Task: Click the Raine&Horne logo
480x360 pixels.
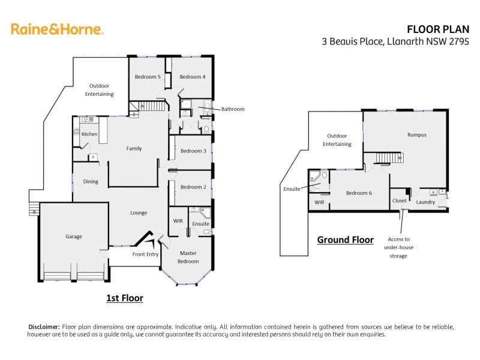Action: [57, 29]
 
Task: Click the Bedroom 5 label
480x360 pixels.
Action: [147, 77]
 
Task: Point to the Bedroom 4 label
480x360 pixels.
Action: [192, 77]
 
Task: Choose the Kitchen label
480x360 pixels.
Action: [89, 134]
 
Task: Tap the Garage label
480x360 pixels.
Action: [74, 236]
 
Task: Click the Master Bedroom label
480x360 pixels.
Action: [188, 257]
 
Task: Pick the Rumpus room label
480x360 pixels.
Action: [416, 135]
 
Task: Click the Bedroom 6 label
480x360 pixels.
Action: [359, 193]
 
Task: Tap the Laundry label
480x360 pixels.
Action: [425, 202]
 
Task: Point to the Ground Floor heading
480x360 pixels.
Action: [345, 240]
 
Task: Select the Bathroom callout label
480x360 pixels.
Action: [233, 109]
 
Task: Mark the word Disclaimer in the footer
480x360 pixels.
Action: [44, 326]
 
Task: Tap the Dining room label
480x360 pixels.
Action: [91, 182]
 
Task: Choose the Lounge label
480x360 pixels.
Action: [139, 213]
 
